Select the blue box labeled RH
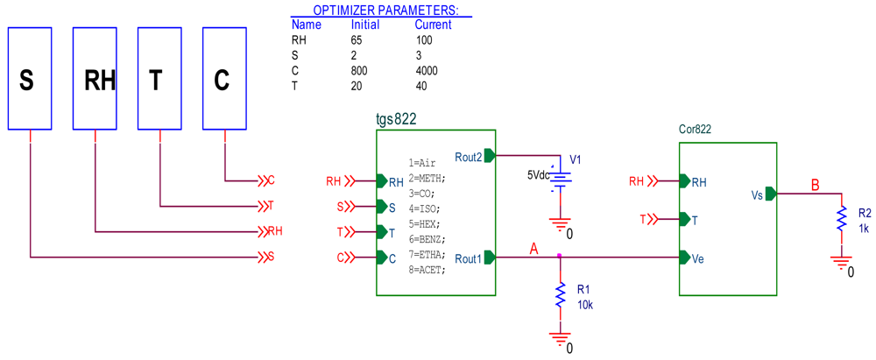95,79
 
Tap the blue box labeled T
159,79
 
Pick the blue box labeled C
224,79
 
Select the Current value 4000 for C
427,70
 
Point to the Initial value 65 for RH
357,40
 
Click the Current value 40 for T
421,85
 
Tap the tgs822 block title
396,119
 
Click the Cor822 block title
695,129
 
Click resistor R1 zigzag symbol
560,295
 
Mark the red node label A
533,249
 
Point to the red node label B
815,185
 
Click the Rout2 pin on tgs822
490,156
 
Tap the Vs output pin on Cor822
771,194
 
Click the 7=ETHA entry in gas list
427,254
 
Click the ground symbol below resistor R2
841,263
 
